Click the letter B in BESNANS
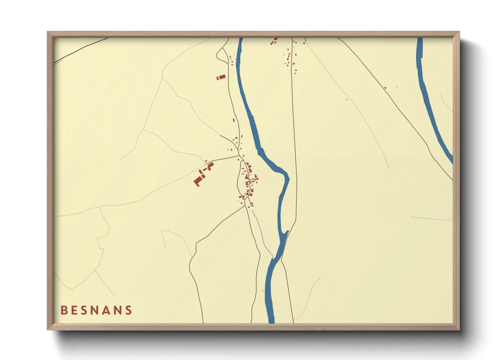(64, 310)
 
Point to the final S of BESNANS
(129, 310)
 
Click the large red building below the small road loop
(221, 78)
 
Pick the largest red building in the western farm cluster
(198, 180)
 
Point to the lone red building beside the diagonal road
(385, 88)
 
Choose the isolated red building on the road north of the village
(234, 120)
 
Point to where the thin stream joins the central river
(273, 258)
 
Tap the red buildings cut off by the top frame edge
(273, 42)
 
